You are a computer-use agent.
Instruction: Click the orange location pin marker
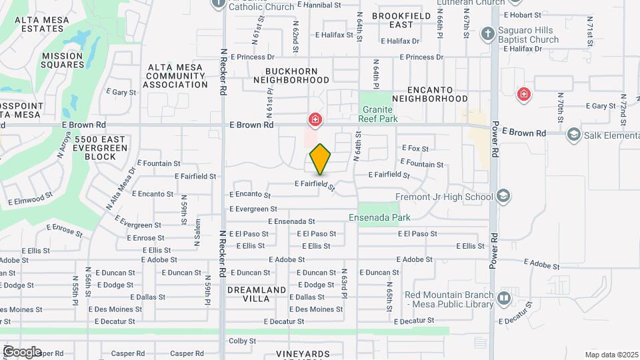click(321, 159)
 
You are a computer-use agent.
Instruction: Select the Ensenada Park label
click(379, 217)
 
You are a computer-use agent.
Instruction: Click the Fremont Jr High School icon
click(503, 196)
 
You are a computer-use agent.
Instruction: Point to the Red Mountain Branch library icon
click(503, 297)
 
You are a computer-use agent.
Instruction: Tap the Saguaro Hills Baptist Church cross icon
click(487, 33)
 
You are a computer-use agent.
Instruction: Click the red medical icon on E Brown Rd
click(314, 120)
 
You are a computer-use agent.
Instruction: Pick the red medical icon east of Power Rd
click(524, 93)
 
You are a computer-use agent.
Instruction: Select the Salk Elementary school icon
click(573, 135)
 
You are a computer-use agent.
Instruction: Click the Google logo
click(22, 351)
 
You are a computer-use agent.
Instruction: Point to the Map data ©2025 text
click(611, 355)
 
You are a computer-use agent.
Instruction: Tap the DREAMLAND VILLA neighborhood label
click(257, 294)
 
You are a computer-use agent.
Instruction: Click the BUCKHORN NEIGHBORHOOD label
click(291, 75)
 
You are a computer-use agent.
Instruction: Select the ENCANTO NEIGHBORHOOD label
click(430, 94)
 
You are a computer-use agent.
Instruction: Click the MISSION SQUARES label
click(62, 60)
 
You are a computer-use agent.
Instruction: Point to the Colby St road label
click(242, 341)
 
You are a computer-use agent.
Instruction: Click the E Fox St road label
click(415, 149)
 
